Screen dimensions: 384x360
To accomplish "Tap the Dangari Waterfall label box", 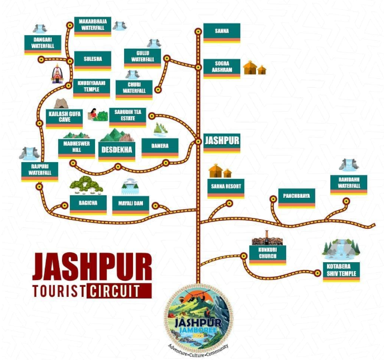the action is (42, 45).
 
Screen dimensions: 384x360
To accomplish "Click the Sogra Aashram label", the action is (222, 69).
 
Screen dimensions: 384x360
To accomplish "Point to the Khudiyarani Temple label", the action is (92, 88).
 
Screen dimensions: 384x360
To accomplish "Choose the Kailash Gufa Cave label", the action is (64, 119).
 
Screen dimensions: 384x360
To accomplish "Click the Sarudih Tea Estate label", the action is (127, 117).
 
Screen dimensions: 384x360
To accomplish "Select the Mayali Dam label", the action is (131, 206).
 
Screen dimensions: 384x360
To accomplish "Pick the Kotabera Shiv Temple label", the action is (342, 272).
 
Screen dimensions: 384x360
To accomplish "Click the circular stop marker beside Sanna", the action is (198, 32).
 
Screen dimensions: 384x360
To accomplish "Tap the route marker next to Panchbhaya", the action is (273, 199).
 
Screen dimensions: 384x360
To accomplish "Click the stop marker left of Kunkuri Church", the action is (244, 256).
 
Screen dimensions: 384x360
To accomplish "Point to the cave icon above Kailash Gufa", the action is (61, 103).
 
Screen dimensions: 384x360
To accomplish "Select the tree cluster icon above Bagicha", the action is (87, 185).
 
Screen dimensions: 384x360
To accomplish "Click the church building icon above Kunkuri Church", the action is (267, 238).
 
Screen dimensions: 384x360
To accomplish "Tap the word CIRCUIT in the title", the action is (115, 291).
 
